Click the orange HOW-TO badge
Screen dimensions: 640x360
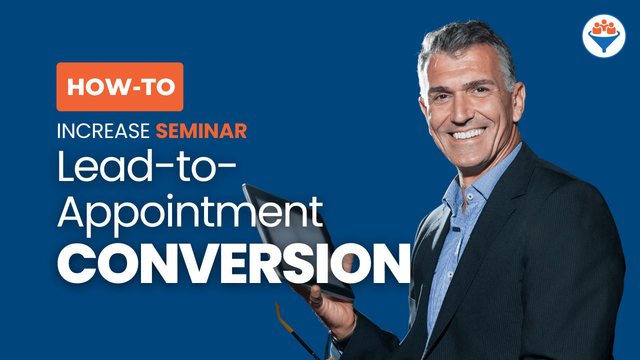[x=120, y=87]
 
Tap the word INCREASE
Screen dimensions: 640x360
[x=103, y=131]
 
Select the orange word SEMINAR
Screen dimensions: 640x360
[x=201, y=131]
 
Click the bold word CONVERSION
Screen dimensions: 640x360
[x=234, y=263]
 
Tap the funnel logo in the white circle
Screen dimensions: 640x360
[x=603, y=36]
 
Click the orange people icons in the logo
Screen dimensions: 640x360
[x=603, y=27]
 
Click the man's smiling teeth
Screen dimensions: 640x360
[x=469, y=133]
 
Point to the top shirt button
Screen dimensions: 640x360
[x=469, y=196]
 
